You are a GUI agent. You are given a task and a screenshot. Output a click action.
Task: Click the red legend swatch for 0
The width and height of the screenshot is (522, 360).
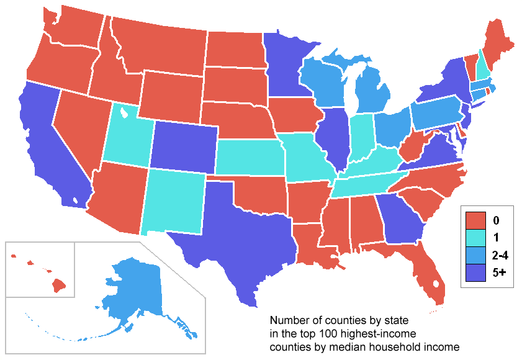(x=476, y=220)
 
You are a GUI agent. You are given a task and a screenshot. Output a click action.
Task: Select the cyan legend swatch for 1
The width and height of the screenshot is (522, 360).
(x=476, y=237)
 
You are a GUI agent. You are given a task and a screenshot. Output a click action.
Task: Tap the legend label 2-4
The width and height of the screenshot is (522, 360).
(x=498, y=254)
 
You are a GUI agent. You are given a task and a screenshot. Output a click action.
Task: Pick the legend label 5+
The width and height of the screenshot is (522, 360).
(x=497, y=272)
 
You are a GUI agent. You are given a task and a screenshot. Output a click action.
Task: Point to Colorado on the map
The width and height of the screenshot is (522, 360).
(x=183, y=145)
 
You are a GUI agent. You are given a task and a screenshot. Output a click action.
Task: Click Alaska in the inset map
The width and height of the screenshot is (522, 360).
(x=133, y=291)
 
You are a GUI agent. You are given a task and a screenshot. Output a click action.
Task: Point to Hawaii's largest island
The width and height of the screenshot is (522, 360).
(x=58, y=286)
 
